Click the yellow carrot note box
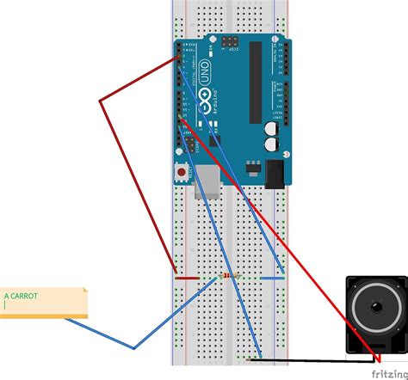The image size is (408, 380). click(43, 303)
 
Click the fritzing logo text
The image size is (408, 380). click(389, 373)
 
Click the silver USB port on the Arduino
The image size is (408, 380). click(207, 181)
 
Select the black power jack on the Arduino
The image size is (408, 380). click(275, 175)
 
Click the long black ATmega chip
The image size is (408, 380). click(255, 82)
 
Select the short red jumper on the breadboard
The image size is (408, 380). click(187, 278)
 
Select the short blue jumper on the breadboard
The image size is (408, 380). click(272, 278)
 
